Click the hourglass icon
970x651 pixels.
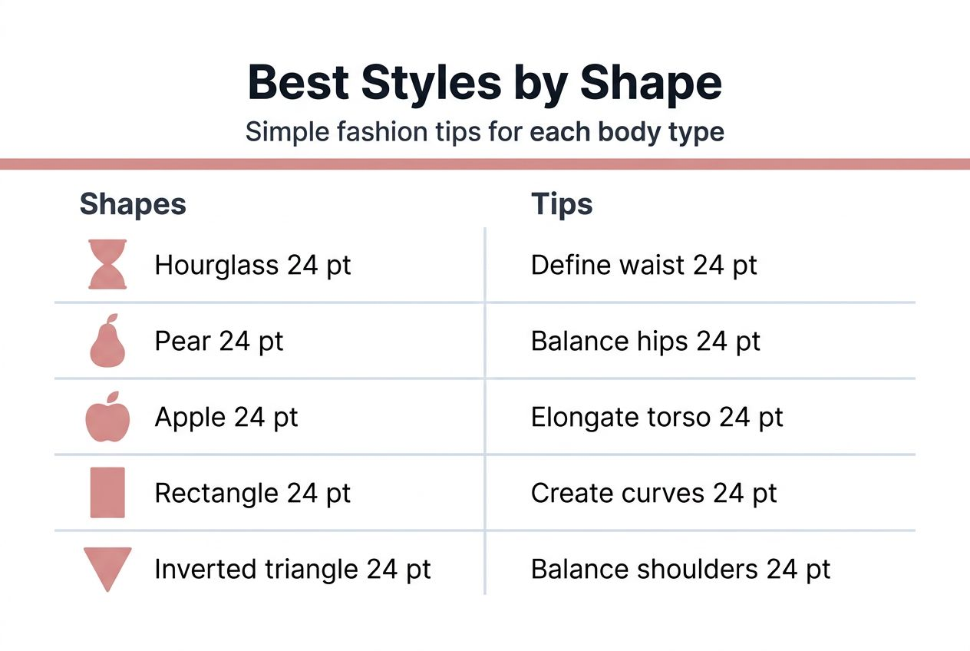(x=107, y=265)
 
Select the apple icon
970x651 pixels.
(x=107, y=419)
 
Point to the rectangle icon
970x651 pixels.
(x=107, y=492)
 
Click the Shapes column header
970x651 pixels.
(x=133, y=205)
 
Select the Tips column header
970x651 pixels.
(x=562, y=205)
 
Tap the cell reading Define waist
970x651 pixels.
(x=644, y=266)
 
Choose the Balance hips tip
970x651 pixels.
(x=645, y=342)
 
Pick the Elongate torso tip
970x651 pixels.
(x=657, y=418)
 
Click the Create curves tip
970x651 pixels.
(x=654, y=493)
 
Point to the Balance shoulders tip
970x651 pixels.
(x=681, y=569)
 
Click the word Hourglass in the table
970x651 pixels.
(x=216, y=266)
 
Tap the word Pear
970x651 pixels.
(x=182, y=342)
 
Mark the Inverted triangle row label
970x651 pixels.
(x=292, y=569)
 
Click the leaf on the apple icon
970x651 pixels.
(x=113, y=397)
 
